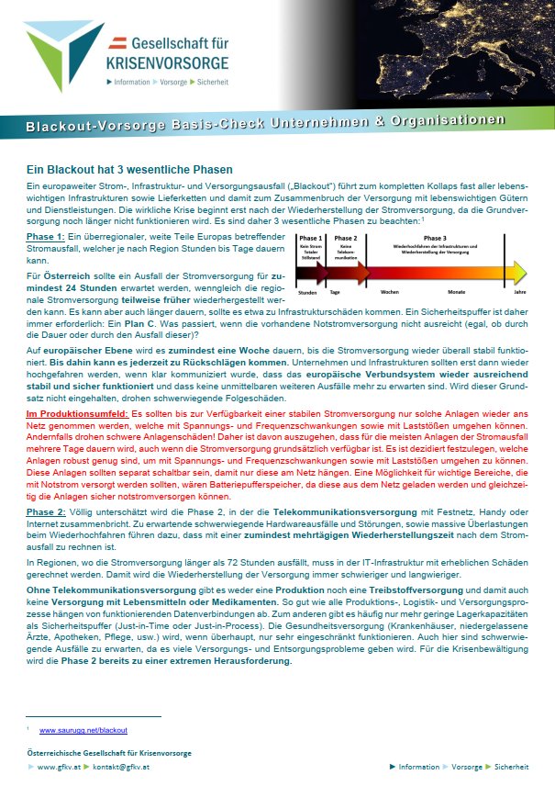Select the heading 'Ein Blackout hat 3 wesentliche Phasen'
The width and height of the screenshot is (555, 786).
coord(128,170)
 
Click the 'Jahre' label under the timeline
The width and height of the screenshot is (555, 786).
coord(520,292)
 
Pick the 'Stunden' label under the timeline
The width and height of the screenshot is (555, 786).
coord(308,292)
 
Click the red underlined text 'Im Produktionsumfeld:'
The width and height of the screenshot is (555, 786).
coord(77,415)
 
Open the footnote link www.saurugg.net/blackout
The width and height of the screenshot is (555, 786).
coord(83,730)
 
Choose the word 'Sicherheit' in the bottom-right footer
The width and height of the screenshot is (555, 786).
coord(511,766)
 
